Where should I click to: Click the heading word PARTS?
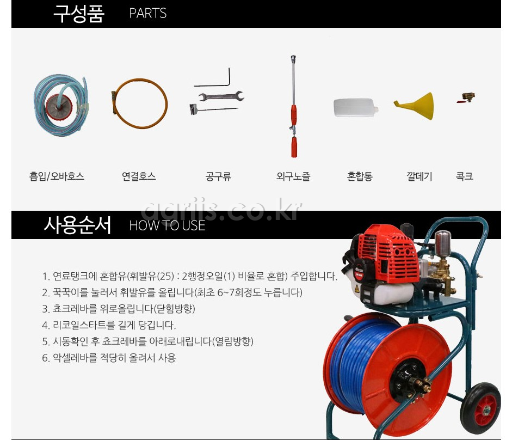pos(147,14)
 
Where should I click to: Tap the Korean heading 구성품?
pos(78,14)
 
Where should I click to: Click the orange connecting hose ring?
pos(139,103)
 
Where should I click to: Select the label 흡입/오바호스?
pos(57,176)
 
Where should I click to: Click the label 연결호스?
pos(139,176)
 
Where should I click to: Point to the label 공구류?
pos(218,176)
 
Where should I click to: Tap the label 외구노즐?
pos(293,176)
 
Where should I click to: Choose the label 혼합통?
pos(360,176)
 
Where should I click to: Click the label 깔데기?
pos(419,176)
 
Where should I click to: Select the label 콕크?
pos(464,176)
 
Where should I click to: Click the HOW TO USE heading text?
pos(167,225)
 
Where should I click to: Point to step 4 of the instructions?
pos(109,325)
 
